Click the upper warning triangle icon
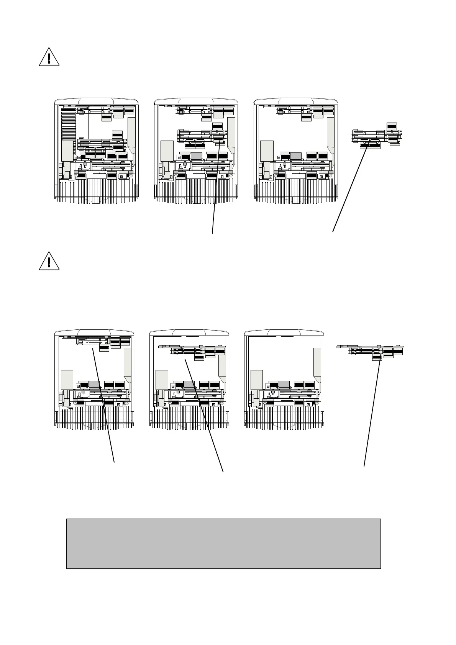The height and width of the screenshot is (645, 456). point(49,57)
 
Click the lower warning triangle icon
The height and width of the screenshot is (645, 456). point(49,261)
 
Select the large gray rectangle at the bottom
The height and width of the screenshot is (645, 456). point(223,543)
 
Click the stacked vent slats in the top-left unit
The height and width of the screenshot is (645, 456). point(69,123)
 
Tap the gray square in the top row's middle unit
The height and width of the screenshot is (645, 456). point(196,156)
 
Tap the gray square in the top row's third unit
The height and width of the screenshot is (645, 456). point(295,156)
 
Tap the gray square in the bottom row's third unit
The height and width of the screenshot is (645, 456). point(284,384)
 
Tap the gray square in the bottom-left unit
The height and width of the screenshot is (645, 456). point(94,384)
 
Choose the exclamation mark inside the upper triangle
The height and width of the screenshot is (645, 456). point(49,58)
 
